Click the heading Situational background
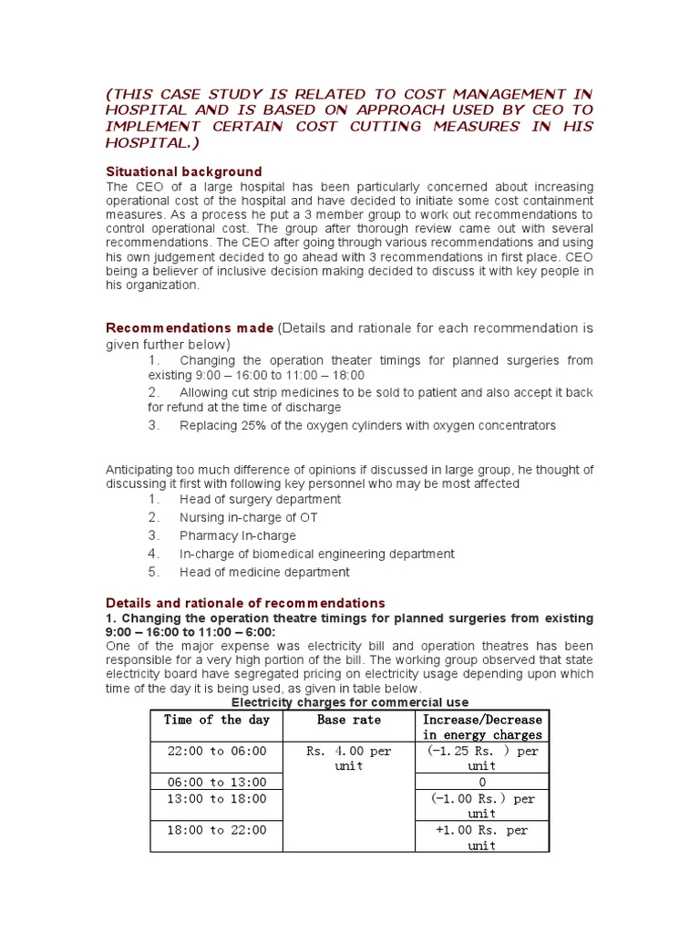click(184, 171)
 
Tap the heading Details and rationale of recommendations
click(245, 603)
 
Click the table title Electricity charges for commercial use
click(350, 702)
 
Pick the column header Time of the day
click(216, 720)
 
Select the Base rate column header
click(349, 720)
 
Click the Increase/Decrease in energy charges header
click(482, 727)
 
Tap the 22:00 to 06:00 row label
click(216, 751)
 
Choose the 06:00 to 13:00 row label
click(216, 782)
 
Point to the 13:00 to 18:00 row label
click(216, 798)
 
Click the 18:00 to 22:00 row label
click(216, 830)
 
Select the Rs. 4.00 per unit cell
click(349, 758)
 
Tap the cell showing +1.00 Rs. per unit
click(482, 837)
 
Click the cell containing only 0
click(482, 782)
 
